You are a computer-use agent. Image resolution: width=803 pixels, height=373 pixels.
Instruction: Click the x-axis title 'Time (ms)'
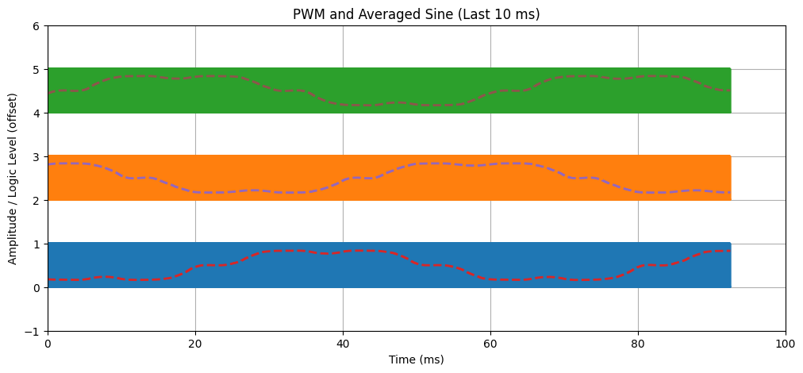(417, 360)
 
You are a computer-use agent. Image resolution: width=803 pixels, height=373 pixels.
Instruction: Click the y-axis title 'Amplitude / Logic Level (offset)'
(13, 179)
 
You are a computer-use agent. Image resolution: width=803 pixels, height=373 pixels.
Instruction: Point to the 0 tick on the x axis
(48, 343)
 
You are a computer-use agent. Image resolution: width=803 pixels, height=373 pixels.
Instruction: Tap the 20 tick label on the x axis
(195, 343)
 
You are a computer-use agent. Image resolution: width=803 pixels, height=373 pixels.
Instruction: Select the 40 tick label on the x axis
(343, 343)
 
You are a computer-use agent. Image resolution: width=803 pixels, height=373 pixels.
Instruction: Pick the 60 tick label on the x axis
(490, 343)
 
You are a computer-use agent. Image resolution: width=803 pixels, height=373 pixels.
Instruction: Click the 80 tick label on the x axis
(638, 343)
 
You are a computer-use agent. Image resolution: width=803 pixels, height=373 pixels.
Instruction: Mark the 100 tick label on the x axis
(786, 343)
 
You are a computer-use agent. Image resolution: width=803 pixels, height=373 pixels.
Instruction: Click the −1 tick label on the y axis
(35, 331)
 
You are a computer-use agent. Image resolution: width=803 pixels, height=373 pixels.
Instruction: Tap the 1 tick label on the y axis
(38, 244)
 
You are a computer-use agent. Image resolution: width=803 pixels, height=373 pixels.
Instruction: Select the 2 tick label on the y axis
(38, 200)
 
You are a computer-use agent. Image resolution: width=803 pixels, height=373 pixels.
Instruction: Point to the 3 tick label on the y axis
(38, 156)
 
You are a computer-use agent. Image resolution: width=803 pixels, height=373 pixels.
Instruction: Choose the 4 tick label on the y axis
(38, 113)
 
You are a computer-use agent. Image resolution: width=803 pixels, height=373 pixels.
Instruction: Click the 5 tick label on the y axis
(38, 69)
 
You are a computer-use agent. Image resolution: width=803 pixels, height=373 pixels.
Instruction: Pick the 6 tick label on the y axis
(38, 25)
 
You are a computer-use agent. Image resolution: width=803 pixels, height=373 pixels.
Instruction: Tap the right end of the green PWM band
(729, 90)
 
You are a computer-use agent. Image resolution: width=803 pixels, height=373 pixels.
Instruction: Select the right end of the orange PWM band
(729, 178)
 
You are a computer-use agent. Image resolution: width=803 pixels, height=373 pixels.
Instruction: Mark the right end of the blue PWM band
(729, 265)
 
